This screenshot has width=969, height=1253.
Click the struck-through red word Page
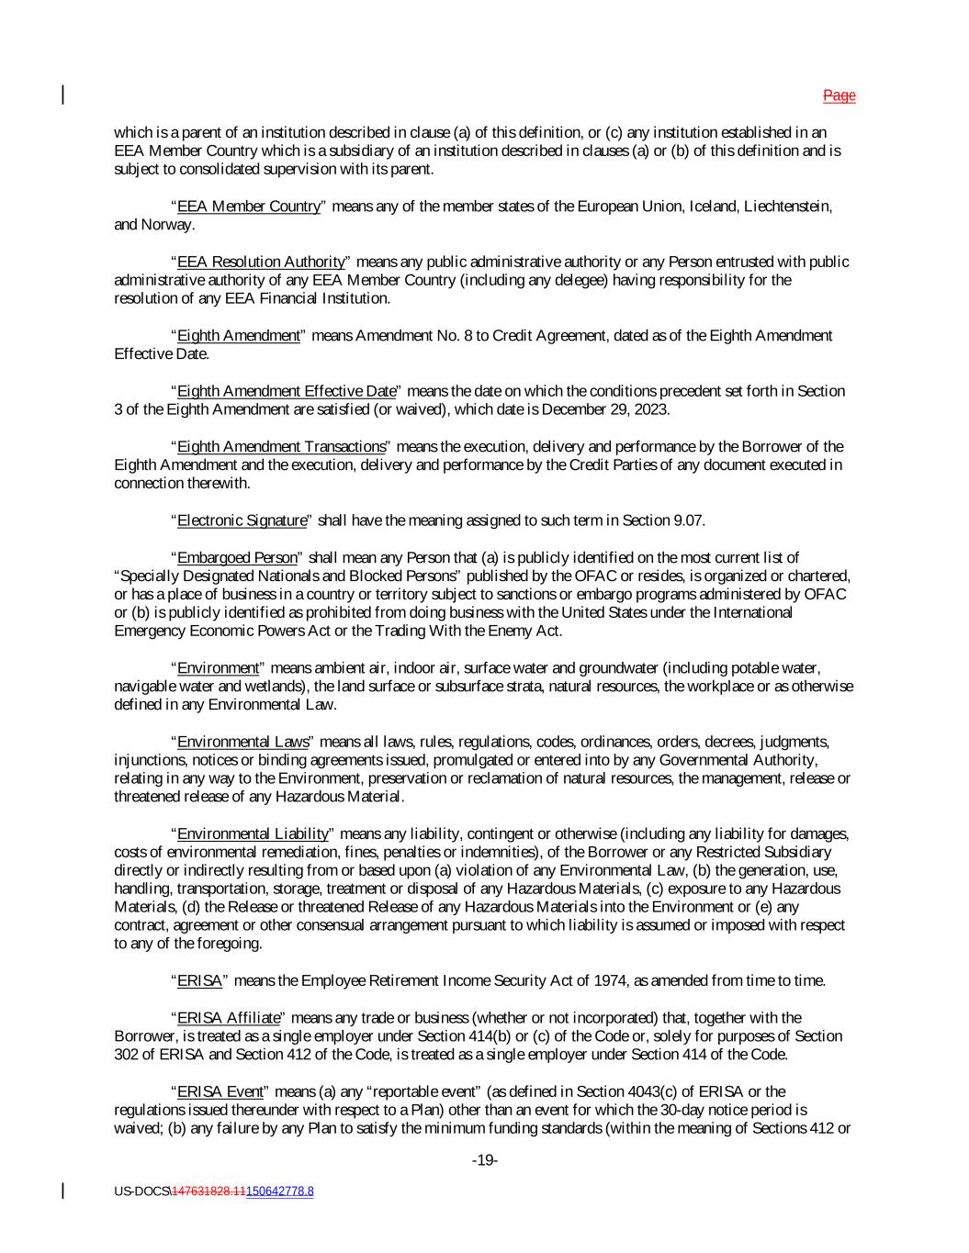coord(839,95)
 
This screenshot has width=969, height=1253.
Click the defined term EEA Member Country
coord(248,207)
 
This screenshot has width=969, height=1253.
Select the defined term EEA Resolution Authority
coord(261,262)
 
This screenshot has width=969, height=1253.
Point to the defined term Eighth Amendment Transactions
coord(281,447)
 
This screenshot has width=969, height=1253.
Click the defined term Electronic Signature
coord(242,520)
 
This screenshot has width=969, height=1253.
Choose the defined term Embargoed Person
coord(237,558)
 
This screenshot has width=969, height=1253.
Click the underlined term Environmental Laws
coord(242,742)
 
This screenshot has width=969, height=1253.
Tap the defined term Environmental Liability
coord(253,833)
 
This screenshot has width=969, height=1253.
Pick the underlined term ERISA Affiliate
coord(229,1018)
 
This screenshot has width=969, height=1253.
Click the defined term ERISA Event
coord(220,1091)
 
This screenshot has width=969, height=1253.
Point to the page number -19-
coord(484,1161)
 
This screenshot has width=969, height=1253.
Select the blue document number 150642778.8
coord(279,1191)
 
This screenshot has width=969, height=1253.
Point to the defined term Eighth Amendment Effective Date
coord(287,391)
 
